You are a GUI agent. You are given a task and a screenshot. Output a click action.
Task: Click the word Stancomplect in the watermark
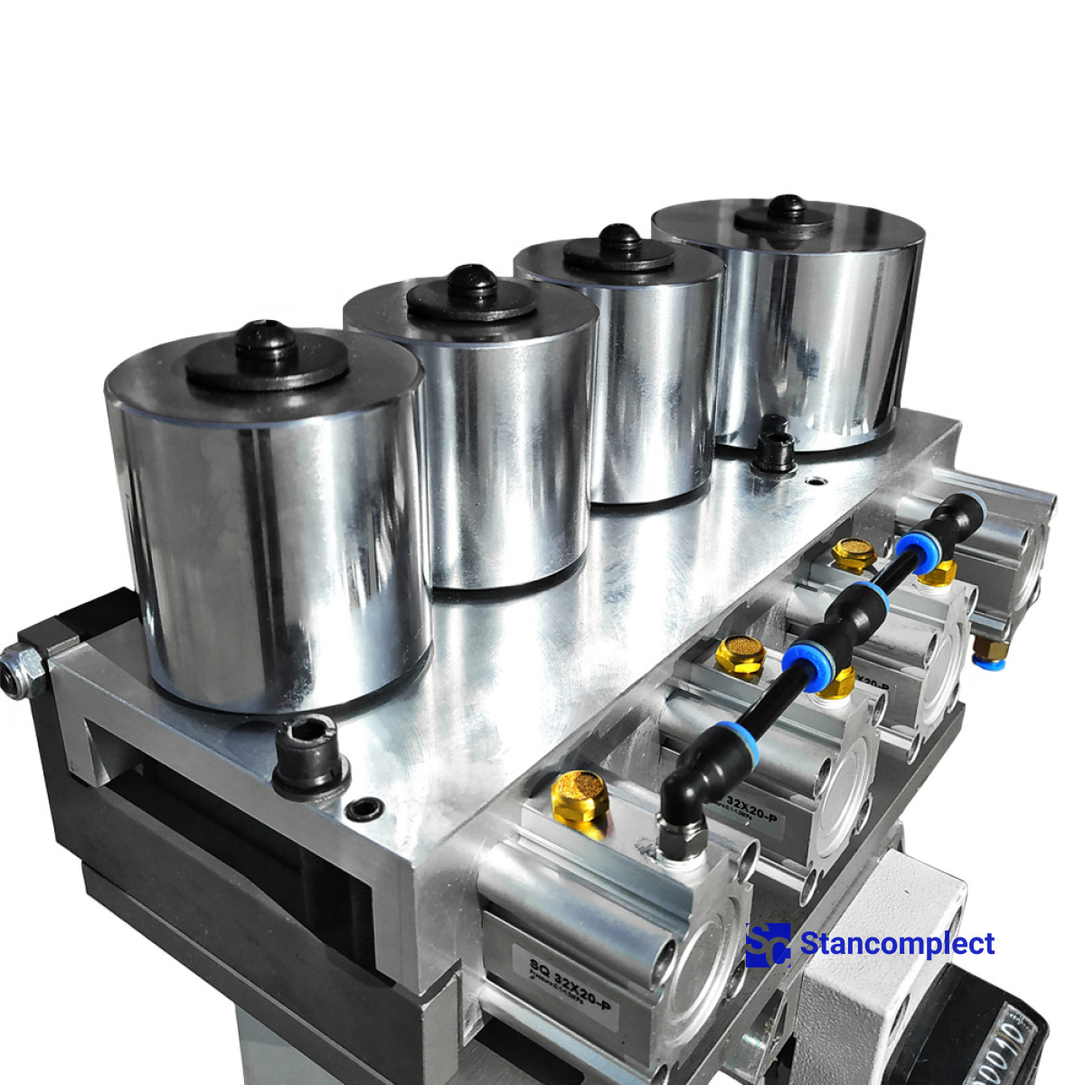click(897, 944)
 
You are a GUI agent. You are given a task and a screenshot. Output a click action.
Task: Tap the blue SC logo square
click(768, 945)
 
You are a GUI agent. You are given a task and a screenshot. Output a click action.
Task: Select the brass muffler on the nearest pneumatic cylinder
click(579, 796)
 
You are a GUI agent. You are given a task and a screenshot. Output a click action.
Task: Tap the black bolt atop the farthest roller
click(787, 207)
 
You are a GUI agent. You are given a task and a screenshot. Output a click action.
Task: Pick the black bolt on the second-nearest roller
click(472, 281)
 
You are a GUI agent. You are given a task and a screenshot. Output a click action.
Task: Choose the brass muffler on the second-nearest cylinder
click(740, 655)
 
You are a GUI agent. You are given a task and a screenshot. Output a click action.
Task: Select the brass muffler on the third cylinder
click(853, 553)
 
